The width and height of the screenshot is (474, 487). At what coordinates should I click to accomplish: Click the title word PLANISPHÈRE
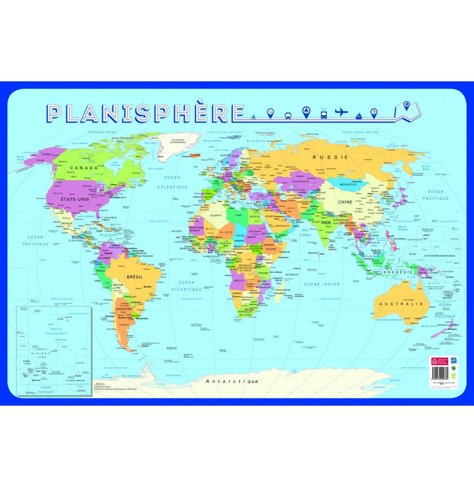139,113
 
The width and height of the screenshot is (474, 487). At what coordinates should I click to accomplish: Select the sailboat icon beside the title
358,115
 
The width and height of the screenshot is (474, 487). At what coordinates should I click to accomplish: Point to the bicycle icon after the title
254,117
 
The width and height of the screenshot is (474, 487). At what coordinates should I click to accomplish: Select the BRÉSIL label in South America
134,277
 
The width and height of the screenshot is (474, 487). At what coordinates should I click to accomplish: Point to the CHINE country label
345,202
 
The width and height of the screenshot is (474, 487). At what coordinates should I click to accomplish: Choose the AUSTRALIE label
403,303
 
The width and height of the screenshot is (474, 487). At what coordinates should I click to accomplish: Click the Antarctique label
232,381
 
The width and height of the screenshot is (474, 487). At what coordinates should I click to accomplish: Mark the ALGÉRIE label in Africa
215,215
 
